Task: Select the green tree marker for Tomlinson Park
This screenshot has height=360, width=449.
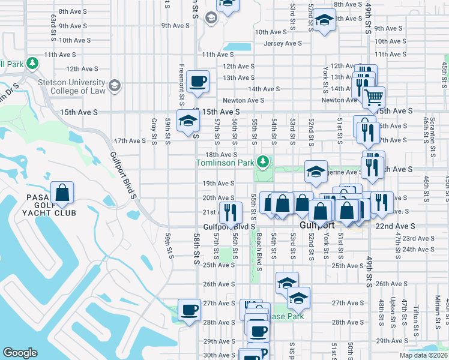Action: point(262,161)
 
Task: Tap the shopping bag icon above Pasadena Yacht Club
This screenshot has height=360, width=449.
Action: point(62,193)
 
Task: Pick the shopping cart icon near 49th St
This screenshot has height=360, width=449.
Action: point(373,96)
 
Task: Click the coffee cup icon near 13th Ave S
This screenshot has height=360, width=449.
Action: point(197,81)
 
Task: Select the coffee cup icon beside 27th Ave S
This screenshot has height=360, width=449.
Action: point(190,310)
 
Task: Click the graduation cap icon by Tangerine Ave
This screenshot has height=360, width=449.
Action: point(316,172)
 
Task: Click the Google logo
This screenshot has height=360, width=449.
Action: point(20,353)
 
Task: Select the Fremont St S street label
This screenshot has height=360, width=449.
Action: point(181,79)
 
